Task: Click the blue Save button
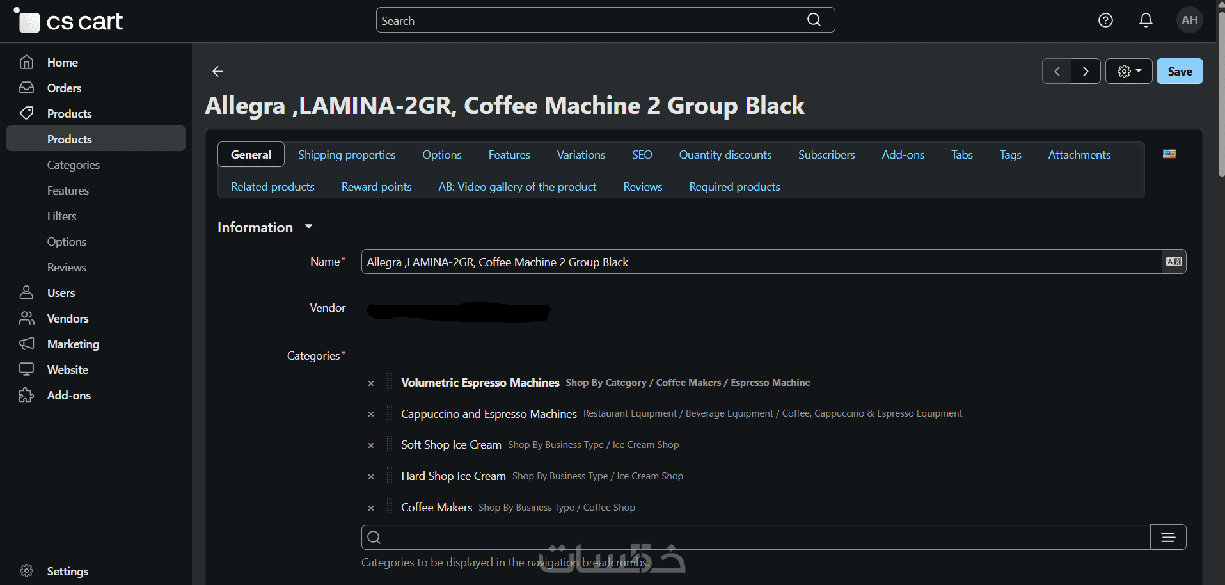(1180, 71)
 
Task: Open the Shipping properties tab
(347, 155)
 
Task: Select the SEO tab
(642, 155)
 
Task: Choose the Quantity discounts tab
(725, 155)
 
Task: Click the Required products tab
(734, 187)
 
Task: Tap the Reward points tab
(376, 187)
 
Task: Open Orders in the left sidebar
(64, 88)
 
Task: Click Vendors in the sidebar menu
(68, 319)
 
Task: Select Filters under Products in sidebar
(61, 216)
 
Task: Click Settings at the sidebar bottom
(67, 571)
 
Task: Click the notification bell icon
(1146, 20)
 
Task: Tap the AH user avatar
(1190, 20)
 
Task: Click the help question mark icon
(1105, 20)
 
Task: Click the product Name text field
(761, 262)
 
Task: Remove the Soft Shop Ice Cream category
(371, 445)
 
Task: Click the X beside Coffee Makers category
(371, 508)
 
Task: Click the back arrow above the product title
(217, 71)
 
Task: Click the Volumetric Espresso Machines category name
(480, 383)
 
